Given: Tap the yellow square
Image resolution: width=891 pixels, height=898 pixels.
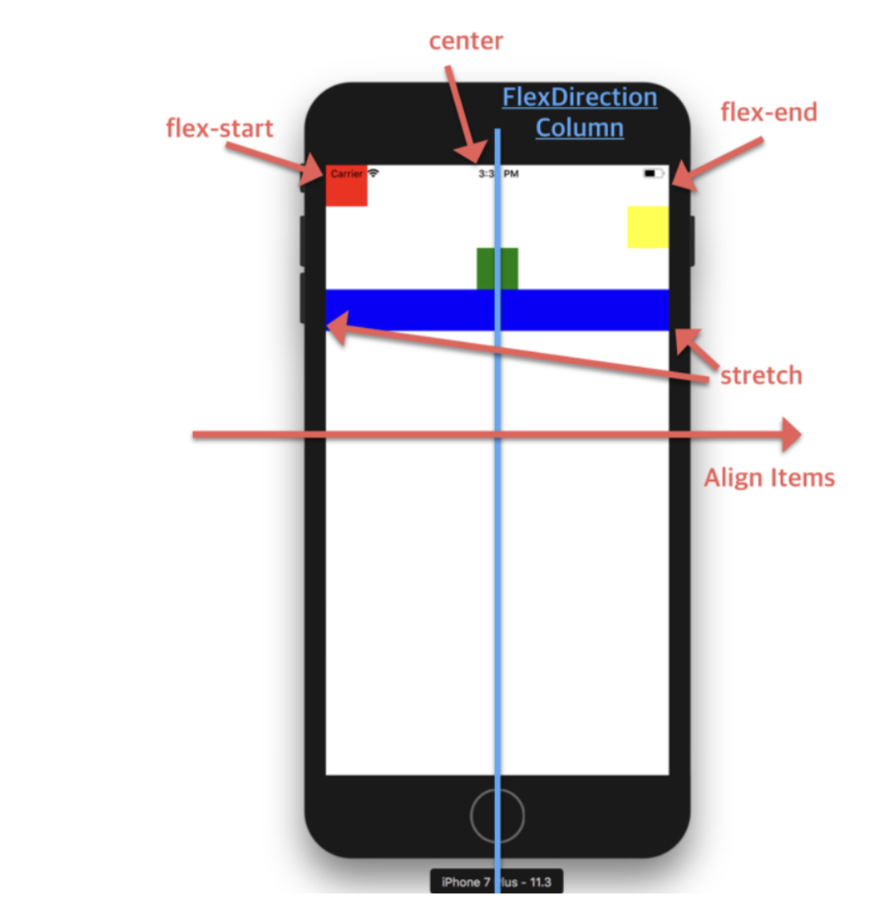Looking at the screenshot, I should pyautogui.click(x=647, y=226).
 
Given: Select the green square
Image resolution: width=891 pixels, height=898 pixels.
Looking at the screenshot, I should pyautogui.click(x=497, y=268).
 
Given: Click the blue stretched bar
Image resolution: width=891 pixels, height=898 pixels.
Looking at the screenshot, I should pyautogui.click(x=412, y=310).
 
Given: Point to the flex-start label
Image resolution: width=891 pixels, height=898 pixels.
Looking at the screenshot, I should pyautogui.click(x=219, y=128).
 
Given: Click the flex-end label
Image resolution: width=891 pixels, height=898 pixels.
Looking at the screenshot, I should pyautogui.click(x=768, y=112).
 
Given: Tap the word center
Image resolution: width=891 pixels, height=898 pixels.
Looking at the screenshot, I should pyautogui.click(x=466, y=41).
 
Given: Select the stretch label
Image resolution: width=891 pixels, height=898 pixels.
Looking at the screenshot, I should pyautogui.click(x=761, y=375).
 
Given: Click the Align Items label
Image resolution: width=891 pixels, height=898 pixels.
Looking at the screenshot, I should pyautogui.click(x=769, y=478).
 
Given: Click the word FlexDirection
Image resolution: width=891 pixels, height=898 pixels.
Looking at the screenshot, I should pyautogui.click(x=579, y=97).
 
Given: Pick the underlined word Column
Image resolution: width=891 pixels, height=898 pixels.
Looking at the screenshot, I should pyautogui.click(x=579, y=127).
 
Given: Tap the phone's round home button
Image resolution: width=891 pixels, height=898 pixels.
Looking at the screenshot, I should pyautogui.click(x=497, y=816).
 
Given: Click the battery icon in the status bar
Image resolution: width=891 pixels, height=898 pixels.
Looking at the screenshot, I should pyautogui.click(x=653, y=173).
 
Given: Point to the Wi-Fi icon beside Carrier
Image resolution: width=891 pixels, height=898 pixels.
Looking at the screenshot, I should pyautogui.click(x=373, y=173).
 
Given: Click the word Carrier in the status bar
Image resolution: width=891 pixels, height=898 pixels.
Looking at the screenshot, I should pyautogui.click(x=346, y=173).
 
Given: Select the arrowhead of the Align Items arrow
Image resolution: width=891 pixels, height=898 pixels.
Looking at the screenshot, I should pyautogui.click(x=791, y=434).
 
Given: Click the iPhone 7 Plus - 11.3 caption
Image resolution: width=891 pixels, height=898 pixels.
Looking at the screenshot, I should pyautogui.click(x=497, y=881).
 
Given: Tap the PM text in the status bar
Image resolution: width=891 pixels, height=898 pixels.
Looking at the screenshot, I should pyautogui.click(x=511, y=173).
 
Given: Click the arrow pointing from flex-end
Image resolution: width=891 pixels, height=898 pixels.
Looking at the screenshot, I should pyautogui.click(x=717, y=164).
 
